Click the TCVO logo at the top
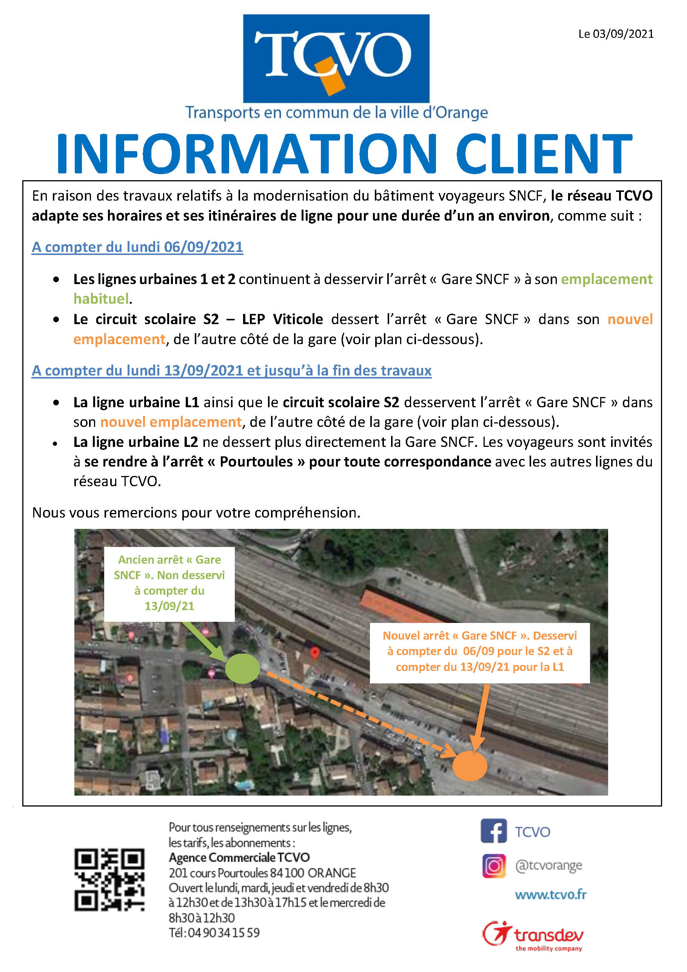336,59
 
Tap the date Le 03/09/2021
616,34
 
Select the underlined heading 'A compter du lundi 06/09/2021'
137,247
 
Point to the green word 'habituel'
101,299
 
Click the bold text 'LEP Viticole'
282,319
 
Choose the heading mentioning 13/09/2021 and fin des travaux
231,371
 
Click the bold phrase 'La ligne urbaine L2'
136,442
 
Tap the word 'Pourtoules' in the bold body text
256,462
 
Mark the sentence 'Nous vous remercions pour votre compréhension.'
196,513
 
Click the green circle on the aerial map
242,668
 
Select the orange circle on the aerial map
470,766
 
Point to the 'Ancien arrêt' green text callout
169,583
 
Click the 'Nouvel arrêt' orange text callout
480,652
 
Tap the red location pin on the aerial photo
314,652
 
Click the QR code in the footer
109,879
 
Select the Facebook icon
493,831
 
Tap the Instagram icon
494,866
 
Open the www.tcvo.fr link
550,895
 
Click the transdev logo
533,936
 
